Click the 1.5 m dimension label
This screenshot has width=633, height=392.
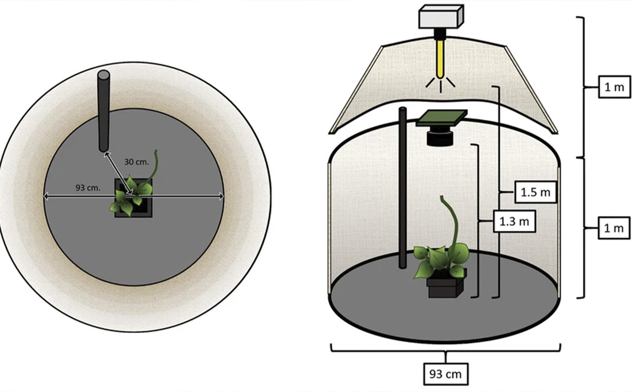[x=535, y=192]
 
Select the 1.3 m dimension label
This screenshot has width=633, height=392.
[x=514, y=221]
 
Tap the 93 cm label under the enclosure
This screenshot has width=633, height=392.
[x=445, y=374]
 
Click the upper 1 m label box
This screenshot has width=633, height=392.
[x=614, y=87]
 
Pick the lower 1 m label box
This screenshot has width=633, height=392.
[x=614, y=228]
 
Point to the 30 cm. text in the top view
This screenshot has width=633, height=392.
[x=137, y=162]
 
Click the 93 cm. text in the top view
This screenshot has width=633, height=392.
[x=88, y=188]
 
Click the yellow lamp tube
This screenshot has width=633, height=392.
[x=440, y=59]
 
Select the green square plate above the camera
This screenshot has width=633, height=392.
[x=441, y=118]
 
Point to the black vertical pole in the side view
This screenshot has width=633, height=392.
[x=402, y=188]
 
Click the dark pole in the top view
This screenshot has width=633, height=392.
[x=104, y=111]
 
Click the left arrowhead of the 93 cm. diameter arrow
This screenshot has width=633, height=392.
[x=46, y=196]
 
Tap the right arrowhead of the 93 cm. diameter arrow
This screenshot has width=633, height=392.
[x=221, y=196]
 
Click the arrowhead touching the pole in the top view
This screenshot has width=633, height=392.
[x=106, y=155]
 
